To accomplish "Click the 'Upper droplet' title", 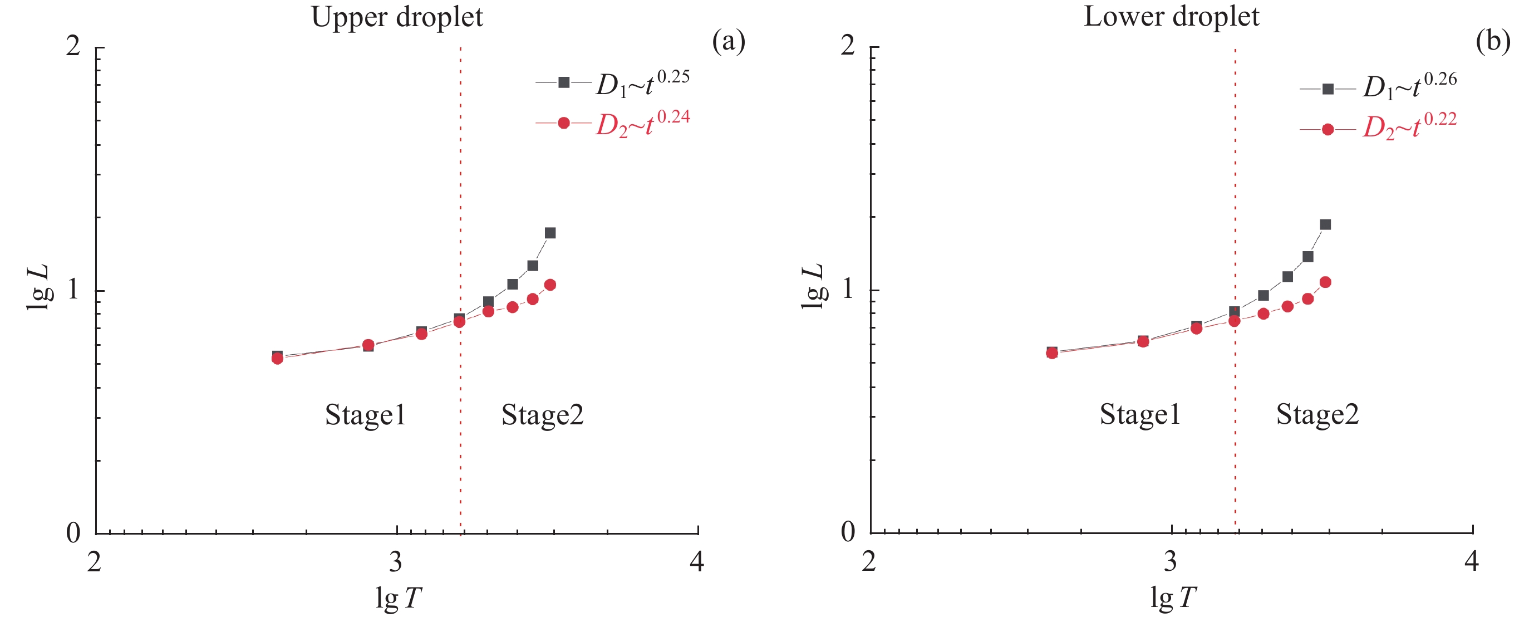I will [397, 17].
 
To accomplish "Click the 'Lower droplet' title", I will [1171, 16].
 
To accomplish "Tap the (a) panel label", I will [728, 42].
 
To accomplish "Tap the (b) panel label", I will [1493, 42].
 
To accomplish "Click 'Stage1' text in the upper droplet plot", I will [365, 414].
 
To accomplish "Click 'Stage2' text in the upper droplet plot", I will [543, 414].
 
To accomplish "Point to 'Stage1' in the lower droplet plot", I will [1140, 414].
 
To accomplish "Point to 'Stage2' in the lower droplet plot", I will [1317, 414].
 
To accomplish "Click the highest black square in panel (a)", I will [550, 233].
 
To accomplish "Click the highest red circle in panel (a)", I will [550, 285].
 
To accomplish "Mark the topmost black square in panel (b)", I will [1326, 224].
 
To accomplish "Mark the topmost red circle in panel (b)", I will [1326, 282].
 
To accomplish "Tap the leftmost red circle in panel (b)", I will [1052, 353].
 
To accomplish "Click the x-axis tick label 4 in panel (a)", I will [697, 562].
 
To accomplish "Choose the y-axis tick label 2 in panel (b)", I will [848, 45].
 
